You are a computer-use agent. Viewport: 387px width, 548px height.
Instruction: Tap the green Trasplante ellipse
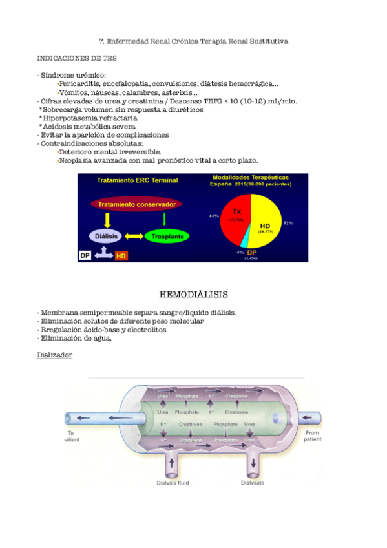coord(167,237)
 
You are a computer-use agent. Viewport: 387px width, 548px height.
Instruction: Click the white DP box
coord(85,255)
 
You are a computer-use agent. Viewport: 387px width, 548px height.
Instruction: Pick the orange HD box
coord(121,256)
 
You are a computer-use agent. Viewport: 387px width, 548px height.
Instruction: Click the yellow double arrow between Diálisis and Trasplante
coord(134,236)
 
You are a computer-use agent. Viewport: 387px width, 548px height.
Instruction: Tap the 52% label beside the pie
coord(288,223)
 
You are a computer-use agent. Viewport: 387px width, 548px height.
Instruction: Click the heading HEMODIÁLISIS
coord(193,295)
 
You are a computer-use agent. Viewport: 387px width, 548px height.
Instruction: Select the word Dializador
coord(55,355)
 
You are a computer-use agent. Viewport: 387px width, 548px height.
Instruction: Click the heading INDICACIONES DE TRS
coord(77,58)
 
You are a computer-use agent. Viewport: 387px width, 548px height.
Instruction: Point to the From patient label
coord(313,436)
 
